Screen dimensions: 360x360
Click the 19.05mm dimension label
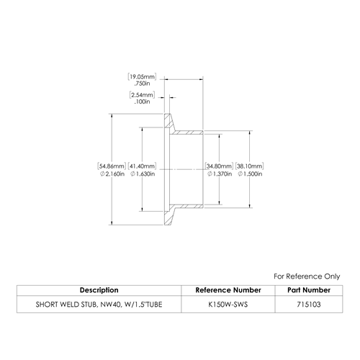click(142, 77)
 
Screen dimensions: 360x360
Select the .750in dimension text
click(142, 84)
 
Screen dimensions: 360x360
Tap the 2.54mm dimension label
click(142, 95)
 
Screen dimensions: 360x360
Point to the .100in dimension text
click(142, 102)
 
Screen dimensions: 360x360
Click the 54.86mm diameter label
click(112, 166)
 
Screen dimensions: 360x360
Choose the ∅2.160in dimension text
click(112, 174)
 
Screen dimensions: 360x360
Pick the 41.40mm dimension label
click(142, 166)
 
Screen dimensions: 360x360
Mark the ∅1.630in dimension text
click(143, 174)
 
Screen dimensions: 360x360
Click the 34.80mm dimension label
click(219, 166)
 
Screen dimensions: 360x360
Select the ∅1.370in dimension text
click(220, 174)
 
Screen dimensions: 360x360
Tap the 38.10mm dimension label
click(250, 166)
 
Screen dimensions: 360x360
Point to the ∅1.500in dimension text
click(250, 174)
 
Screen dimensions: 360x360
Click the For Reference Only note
click(307, 276)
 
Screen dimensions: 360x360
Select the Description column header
click(99, 290)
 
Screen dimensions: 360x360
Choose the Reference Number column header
click(228, 290)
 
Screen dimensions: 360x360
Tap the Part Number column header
click(309, 290)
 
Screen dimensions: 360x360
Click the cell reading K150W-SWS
click(228, 305)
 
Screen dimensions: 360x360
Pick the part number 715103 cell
click(309, 305)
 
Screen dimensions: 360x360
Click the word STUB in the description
click(89, 305)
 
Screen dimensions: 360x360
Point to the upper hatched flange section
click(168, 122)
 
